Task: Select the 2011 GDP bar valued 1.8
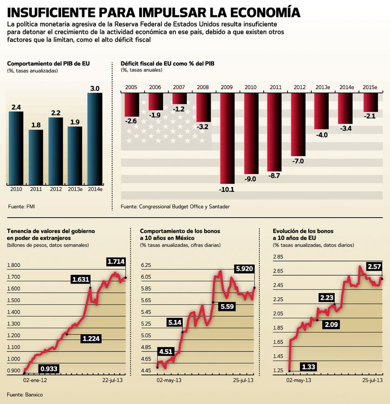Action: click(36, 157)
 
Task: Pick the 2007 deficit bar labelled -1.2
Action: click(179, 99)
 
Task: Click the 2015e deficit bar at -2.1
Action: click(370, 102)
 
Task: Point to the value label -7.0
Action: click(298, 162)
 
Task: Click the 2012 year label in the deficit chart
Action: click(299, 87)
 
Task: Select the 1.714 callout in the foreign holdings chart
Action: click(116, 261)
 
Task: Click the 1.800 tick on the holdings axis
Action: click(14, 265)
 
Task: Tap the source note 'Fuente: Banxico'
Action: click(25, 394)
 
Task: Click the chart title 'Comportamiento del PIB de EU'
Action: click(48, 63)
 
